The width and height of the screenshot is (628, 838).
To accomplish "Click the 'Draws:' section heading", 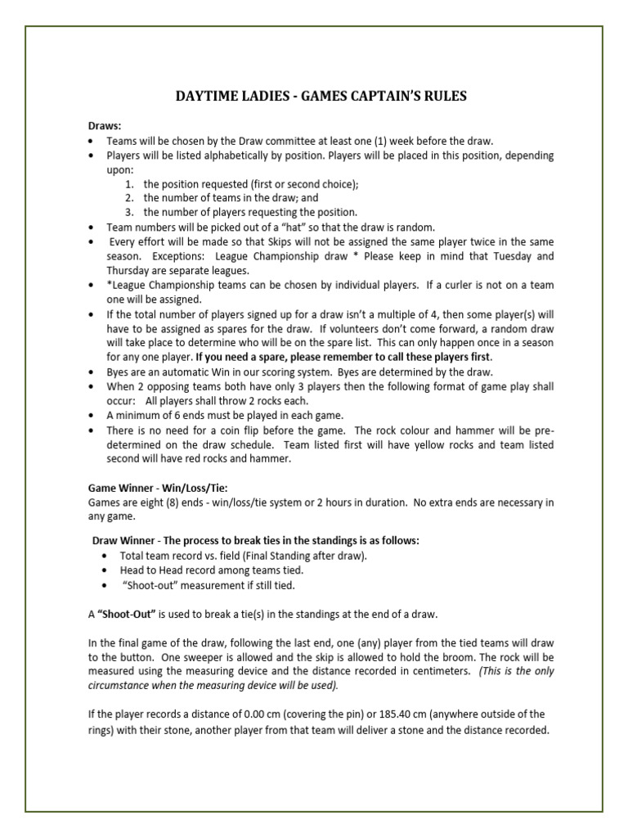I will [104, 126].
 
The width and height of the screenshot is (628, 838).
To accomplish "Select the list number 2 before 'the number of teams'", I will [129, 198].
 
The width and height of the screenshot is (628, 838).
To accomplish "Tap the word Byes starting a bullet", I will [119, 372].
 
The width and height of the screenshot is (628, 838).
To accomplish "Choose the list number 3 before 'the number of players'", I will [129, 212].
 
